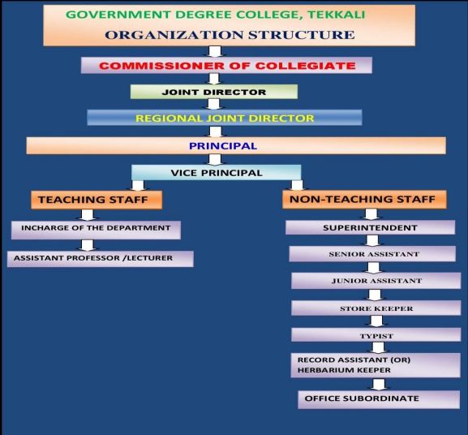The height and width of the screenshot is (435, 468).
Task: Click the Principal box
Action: click(236, 146)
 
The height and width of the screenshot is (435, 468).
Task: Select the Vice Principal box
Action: click(217, 173)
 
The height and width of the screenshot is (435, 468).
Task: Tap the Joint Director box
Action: click(214, 92)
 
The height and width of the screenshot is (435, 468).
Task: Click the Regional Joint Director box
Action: click(225, 118)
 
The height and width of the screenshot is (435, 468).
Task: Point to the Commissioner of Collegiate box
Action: click(226, 65)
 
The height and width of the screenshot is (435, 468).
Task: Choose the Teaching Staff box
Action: click(97, 200)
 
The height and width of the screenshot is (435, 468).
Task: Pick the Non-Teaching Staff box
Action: click(364, 199)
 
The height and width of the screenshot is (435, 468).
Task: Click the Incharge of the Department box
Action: click(96, 230)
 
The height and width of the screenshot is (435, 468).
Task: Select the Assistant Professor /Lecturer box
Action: click(101, 259)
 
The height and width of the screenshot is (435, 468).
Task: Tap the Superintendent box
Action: click(370, 227)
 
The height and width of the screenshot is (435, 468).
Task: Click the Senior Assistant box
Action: click(372, 254)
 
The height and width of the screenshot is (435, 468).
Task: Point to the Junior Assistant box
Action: click(376, 281)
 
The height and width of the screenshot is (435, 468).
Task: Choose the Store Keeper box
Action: click(376, 308)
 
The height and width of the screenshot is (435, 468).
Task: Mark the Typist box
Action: click(376, 334)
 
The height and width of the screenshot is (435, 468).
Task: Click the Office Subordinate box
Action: click(379, 399)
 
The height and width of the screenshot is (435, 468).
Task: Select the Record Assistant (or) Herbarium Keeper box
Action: click(376, 365)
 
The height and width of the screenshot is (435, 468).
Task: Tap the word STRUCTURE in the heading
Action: click(302, 35)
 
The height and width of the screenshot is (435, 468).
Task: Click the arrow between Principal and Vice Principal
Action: click(215, 159)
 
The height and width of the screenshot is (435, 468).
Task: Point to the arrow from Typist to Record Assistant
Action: click(378, 347)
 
